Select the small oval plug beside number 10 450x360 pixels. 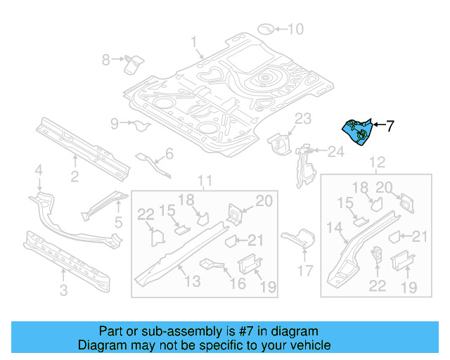265,29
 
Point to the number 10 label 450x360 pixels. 295,29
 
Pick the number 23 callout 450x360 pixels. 302,117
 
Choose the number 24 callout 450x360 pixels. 335,152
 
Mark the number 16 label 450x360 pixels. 238,283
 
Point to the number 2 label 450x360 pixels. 75,176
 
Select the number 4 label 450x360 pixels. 39,169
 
